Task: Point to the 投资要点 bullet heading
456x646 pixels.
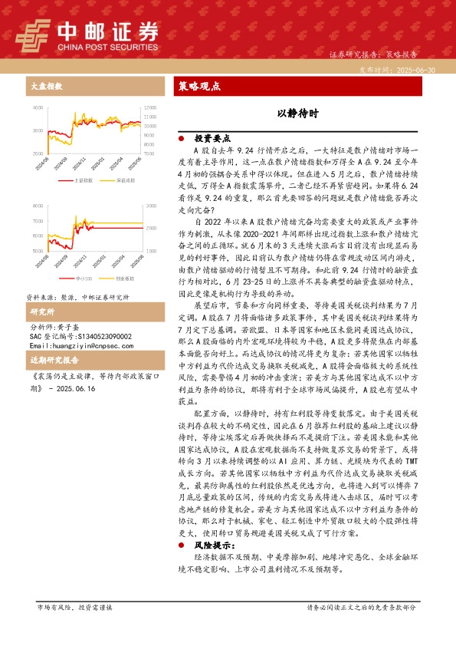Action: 212,139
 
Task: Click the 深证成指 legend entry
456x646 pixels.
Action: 126,181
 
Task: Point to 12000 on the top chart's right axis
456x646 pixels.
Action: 149,108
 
